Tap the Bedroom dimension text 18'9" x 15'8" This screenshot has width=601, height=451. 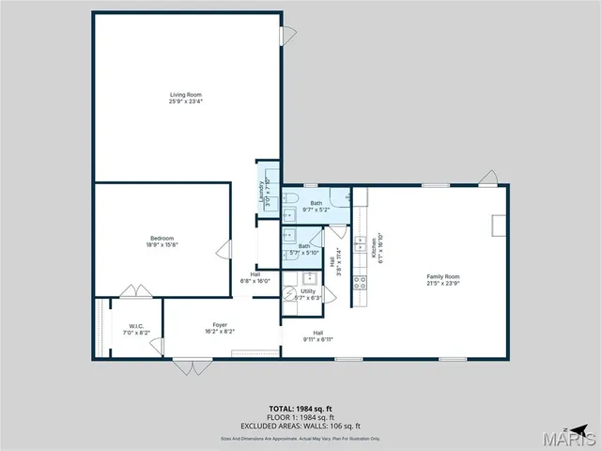(x=162, y=244)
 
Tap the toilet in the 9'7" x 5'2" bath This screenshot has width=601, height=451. (x=292, y=197)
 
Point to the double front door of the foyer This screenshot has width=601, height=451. (x=186, y=365)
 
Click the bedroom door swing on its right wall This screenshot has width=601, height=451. (x=224, y=249)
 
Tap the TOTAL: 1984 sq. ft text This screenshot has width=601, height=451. (x=300, y=408)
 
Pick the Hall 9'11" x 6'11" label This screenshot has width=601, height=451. (x=318, y=335)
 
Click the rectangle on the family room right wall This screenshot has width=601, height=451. (x=500, y=225)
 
